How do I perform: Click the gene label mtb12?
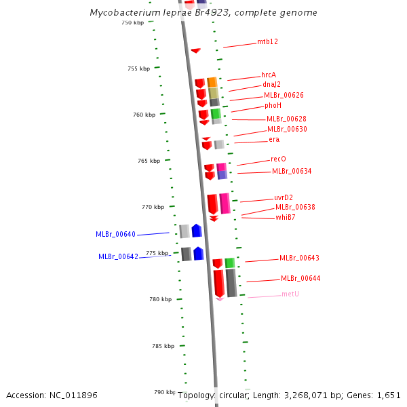coord(267,42)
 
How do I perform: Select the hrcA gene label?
coord(269,75)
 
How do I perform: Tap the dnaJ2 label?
coord(271,85)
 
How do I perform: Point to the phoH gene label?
coord(273,106)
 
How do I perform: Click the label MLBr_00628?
coord(286,119)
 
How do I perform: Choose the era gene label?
coord(274,140)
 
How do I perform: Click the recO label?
coord(278,159)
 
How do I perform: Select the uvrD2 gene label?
coord(284,198)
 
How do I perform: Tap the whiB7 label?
coord(285,218)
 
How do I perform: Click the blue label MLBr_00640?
coord(115,235)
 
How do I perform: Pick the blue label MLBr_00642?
coord(118,257)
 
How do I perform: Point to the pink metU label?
coord(290,294)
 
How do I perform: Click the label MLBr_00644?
coord(301,279)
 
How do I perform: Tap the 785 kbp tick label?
coord(163,346)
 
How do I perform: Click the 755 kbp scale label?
coord(138,69)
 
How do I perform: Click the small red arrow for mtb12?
coord(195,50)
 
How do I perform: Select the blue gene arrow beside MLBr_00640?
coord(197,231)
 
